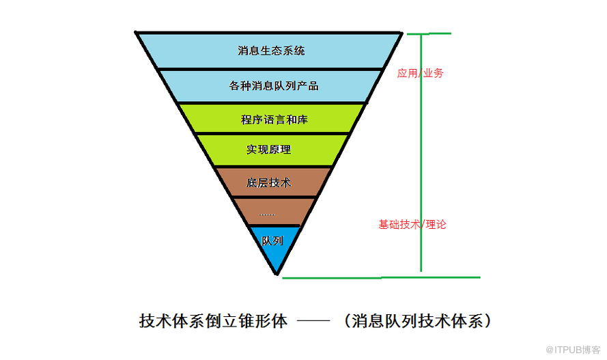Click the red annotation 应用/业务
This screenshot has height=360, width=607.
[420, 72]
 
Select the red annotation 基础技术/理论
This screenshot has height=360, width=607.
[412, 223]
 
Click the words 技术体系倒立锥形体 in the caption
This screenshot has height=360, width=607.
[213, 320]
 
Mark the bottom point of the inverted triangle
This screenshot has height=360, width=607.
[277, 273]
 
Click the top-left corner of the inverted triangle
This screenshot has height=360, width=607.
[137, 32]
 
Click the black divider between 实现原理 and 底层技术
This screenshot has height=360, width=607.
[273, 166]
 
